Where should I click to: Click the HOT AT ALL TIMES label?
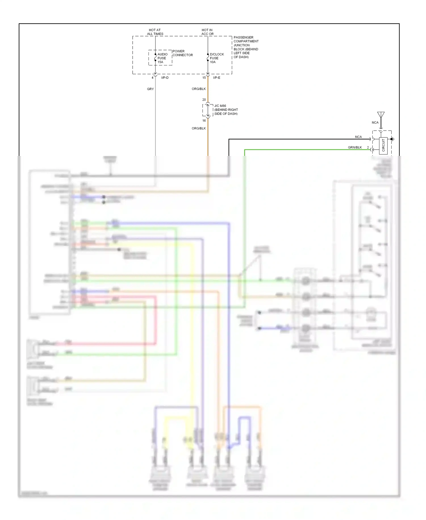tap(155, 32)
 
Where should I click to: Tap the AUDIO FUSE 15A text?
tap(162, 58)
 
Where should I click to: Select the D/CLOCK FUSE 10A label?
tap(217, 58)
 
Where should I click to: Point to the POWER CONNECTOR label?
tap(182, 53)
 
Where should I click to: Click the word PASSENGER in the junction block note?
tap(243, 37)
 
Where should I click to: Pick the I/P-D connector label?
tap(165, 78)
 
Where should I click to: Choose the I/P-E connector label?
tap(216, 78)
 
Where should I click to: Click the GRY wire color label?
tap(150, 89)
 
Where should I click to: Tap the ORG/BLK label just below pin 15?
tap(199, 89)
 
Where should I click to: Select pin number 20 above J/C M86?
tap(204, 100)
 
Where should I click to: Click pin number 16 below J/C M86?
tap(204, 121)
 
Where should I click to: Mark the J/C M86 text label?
tap(220, 106)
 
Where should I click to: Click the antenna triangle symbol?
tap(381, 115)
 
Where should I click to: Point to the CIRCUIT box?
tap(383, 145)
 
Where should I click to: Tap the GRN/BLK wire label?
tap(355, 147)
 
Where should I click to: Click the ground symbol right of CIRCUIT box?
tap(392, 139)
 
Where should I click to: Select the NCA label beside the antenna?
tap(375, 123)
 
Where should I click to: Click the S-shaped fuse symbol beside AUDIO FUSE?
tap(155, 58)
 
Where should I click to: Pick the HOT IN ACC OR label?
tap(207, 32)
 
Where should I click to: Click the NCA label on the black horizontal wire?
tap(358, 137)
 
